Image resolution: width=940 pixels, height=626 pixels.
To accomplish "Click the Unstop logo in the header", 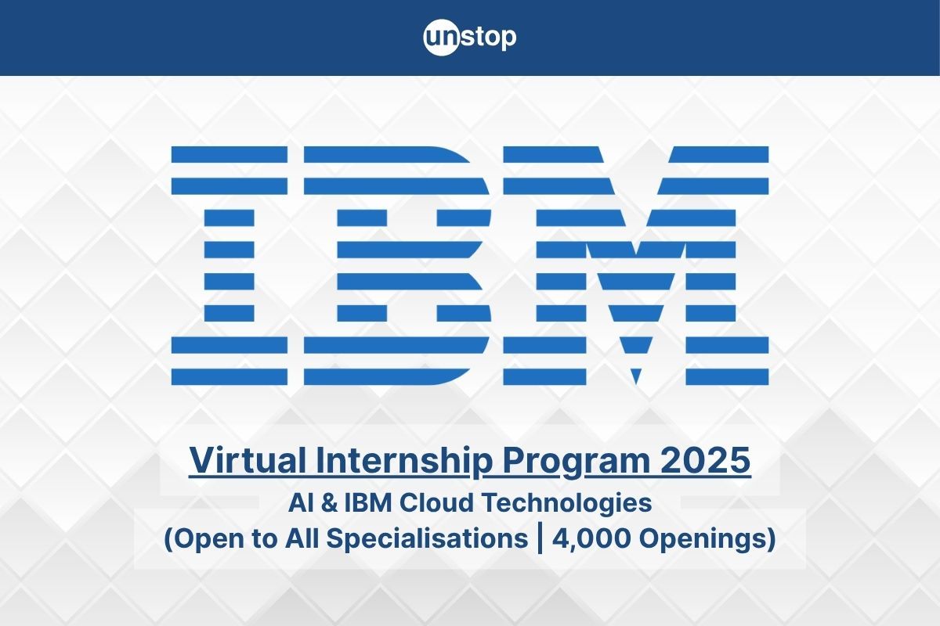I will coord(470,38).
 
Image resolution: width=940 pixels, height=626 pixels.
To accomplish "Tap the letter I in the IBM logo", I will coord(229,266).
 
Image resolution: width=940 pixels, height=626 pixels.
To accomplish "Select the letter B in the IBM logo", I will coord(397,266).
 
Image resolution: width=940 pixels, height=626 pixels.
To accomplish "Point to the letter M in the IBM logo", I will coord(634,266).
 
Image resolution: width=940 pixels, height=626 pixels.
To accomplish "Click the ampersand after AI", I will coord(329,503).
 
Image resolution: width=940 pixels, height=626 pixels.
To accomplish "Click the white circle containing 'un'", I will coord(439,38).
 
